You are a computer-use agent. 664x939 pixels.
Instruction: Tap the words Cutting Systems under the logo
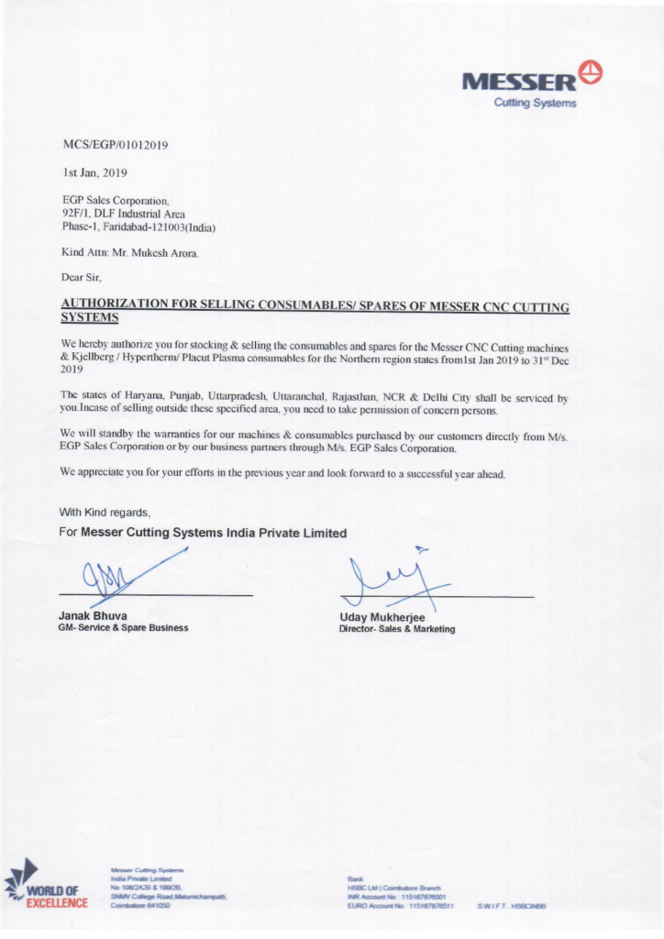click(535, 103)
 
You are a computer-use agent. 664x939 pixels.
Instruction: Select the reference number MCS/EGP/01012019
click(115, 146)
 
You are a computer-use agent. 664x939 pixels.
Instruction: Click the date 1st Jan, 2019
click(90, 171)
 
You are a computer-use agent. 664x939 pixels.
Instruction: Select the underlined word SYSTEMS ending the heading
click(89, 317)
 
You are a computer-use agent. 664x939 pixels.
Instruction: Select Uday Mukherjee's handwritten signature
click(391, 578)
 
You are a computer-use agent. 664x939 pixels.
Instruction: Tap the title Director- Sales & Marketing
click(396, 630)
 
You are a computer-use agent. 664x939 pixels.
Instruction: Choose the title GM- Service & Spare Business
click(123, 628)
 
